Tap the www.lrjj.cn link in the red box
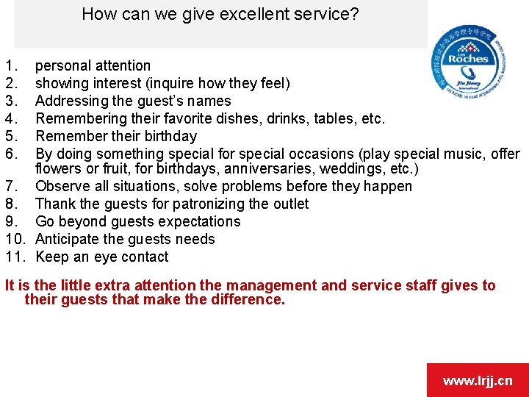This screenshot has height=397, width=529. pyautogui.click(x=478, y=380)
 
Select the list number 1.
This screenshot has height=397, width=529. pyautogui.click(x=9, y=65)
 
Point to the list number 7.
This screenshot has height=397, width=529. pyautogui.click(x=9, y=186)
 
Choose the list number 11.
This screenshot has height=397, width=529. pyautogui.click(x=15, y=257)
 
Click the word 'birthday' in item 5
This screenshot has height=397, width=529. pyautogui.click(x=170, y=136)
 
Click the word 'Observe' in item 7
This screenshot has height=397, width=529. pyautogui.click(x=61, y=186)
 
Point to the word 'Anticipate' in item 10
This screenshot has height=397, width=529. pyautogui.click(x=68, y=239)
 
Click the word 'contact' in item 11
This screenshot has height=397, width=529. pyautogui.click(x=145, y=257)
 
